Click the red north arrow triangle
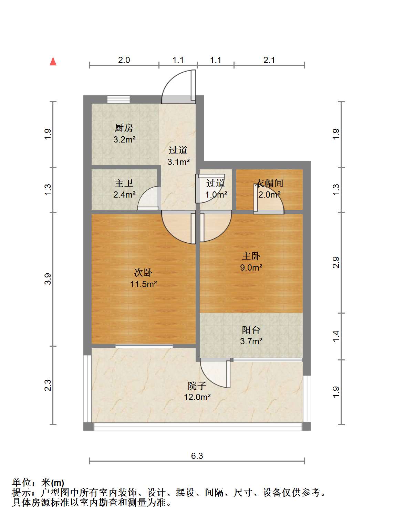[x=53, y=62]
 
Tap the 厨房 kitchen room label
[x=124, y=128]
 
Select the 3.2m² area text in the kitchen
[x=124, y=139]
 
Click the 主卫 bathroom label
[x=124, y=183]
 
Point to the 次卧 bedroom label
[x=143, y=272]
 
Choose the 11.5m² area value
[x=143, y=284]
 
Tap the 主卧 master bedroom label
[x=251, y=256]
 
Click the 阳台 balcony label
[x=251, y=330]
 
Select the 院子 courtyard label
[x=197, y=386]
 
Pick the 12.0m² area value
[x=197, y=397]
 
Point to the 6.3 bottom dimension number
[x=197, y=456]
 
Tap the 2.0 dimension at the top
[x=124, y=60]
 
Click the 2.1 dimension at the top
[x=269, y=60]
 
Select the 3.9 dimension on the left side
[x=48, y=279]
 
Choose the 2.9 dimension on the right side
[x=336, y=262]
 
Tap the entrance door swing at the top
[x=178, y=86]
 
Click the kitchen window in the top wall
[x=118, y=99]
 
